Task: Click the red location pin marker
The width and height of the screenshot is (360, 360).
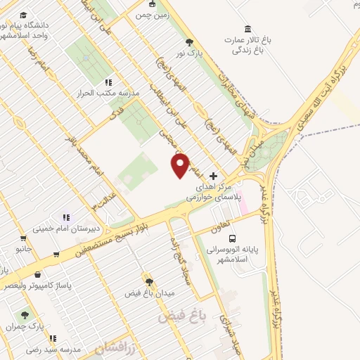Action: [181, 165]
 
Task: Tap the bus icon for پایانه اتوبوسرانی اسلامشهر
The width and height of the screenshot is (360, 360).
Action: [233, 238]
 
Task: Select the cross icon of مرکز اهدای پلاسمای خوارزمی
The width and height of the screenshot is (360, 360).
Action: [214, 176]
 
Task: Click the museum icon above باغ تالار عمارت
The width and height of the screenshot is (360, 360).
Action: [247, 29]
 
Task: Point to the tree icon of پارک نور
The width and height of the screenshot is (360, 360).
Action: [188, 43]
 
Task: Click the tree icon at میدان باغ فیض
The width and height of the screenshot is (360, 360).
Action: [148, 281]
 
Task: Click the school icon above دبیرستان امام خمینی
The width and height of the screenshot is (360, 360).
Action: [67, 217]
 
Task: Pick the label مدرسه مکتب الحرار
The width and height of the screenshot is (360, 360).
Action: [110, 92]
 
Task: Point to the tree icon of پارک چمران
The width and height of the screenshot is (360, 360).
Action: [25, 316]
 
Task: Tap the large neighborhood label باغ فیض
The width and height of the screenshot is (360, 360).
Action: [179, 317]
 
